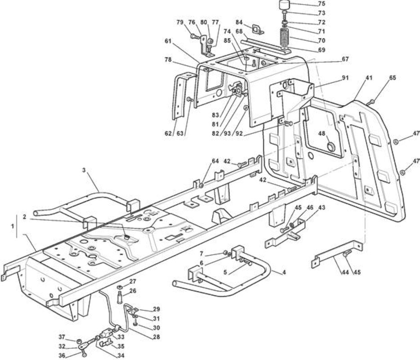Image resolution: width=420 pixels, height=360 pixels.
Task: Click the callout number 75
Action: tap(322, 4)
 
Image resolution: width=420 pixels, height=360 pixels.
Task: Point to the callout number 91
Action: tap(345, 78)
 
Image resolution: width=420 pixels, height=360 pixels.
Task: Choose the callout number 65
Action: tap(393, 78)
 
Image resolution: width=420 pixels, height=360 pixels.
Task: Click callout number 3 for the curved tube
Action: tap(84, 170)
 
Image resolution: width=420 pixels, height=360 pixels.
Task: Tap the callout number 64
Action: tap(215, 161)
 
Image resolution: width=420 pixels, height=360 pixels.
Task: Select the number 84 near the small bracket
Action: tap(240, 22)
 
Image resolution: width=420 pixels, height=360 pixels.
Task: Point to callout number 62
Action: tap(168, 133)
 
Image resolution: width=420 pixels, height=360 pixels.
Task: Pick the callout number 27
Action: tap(133, 281)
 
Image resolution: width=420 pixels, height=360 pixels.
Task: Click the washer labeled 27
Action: tap(120, 288)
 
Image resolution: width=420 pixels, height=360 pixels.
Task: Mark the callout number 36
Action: tap(62, 355)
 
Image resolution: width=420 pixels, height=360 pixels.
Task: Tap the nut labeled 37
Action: tap(79, 341)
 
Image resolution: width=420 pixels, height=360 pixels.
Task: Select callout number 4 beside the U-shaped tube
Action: tap(284, 272)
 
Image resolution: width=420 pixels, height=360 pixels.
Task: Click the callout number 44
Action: tap(345, 272)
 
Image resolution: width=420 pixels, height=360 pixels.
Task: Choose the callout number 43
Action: tap(322, 207)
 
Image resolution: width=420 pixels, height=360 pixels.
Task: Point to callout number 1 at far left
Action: tap(12, 226)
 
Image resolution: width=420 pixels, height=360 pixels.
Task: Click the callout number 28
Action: tap(156, 337)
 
